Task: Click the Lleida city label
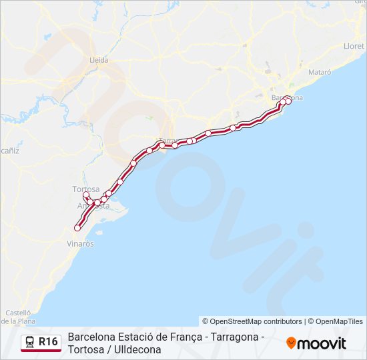99,59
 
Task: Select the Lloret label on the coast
354,46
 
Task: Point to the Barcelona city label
288,98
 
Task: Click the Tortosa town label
85,189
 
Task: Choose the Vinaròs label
80,244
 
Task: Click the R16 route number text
48,342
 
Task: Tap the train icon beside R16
30,343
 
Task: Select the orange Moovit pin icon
290,343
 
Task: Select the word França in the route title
185,337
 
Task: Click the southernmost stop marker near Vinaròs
77,228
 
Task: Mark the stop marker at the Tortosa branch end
85,195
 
